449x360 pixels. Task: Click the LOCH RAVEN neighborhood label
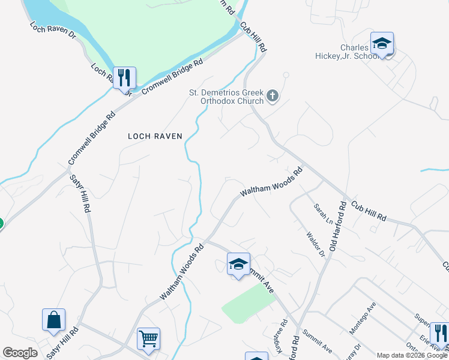pyautogui.click(x=155, y=136)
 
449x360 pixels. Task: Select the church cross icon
pyautogui.click(x=272, y=95)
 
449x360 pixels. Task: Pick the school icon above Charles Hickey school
pyautogui.click(x=382, y=44)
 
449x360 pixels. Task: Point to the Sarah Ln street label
pyautogui.click(x=322, y=214)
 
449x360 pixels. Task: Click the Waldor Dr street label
pyautogui.click(x=315, y=244)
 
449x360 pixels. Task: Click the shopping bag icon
pyautogui.click(x=53, y=320)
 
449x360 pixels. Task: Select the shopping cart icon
pyautogui.click(x=148, y=338)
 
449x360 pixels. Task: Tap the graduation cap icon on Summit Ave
pyautogui.click(x=238, y=265)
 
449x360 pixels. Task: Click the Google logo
pyautogui.click(x=20, y=353)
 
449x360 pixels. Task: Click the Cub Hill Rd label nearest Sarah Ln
pyautogui.click(x=369, y=210)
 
